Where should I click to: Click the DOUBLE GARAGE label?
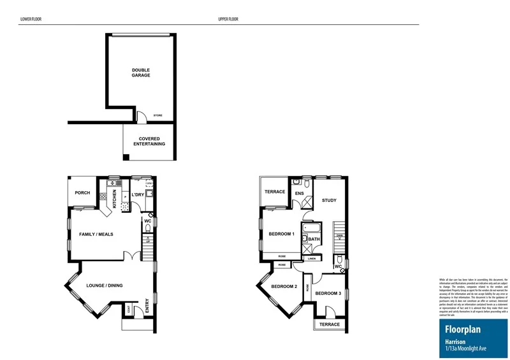[x=141, y=73]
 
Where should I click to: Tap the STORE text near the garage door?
[x=157, y=115]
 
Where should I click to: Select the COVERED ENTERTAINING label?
[x=149, y=141]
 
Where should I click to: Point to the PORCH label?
[x=82, y=193]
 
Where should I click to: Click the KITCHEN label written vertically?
[x=115, y=199]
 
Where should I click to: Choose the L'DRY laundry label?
[x=137, y=195]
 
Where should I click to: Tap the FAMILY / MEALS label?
[x=96, y=234]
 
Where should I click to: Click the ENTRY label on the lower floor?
[x=147, y=306]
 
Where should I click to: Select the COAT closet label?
[x=128, y=310]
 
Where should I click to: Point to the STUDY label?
[x=329, y=201]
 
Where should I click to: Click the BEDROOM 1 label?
[x=280, y=234]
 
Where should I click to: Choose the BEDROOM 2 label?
[x=284, y=287]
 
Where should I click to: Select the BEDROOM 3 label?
[x=328, y=293]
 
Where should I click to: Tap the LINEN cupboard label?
[x=312, y=259]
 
